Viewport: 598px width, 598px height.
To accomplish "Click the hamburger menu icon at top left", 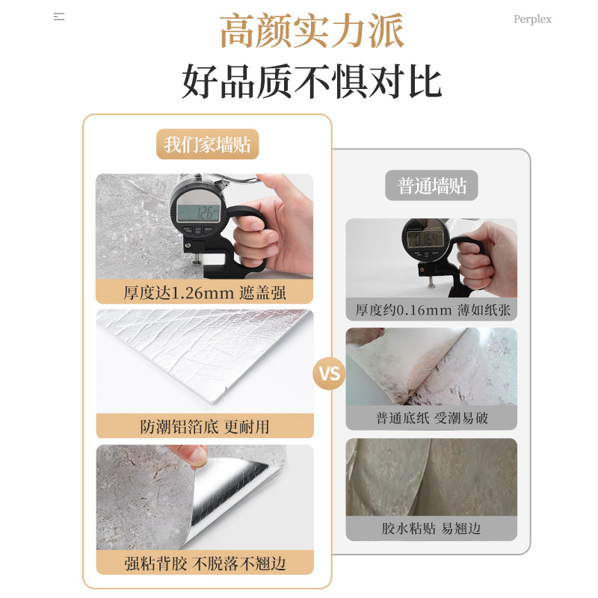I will pyautogui.click(x=59, y=16).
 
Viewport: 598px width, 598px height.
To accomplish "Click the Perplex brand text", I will pyautogui.click(x=532, y=19).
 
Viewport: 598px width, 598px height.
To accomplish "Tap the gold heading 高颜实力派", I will pyautogui.click(x=312, y=32).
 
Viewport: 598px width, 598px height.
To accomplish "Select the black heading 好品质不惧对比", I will pyautogui.click(x=312, y=81).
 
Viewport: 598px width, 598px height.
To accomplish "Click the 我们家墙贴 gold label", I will pyautogui.click(x=207, y=144).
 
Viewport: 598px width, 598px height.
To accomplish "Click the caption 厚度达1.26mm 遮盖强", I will pyautogui.click(x=205, y=292).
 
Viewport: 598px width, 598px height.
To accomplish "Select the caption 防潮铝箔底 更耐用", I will pyautogui.click(x=205, y=427).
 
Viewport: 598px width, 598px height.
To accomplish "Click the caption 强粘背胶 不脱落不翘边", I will pyautogui.click(x=205, y=562).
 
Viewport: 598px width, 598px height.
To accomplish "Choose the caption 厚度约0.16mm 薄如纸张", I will pyautogui.click(x=431, y=309).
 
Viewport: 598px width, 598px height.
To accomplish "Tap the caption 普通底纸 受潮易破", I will pyautogui.click(x=431, y=418).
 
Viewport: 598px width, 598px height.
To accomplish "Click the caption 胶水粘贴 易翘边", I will pyautogui.click(x=431, y=528).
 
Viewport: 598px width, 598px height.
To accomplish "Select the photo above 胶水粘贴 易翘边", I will pyautogui.click(x=431, y=476).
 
